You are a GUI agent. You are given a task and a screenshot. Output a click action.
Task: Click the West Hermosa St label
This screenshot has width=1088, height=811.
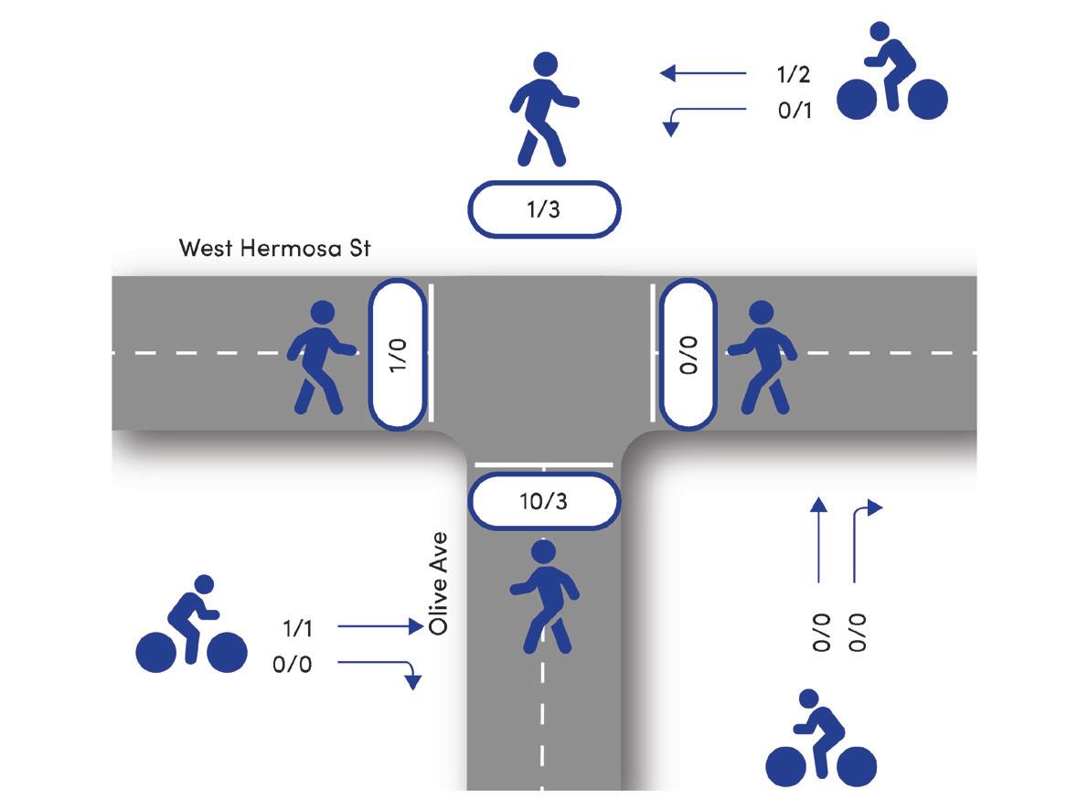[x=274, y=248]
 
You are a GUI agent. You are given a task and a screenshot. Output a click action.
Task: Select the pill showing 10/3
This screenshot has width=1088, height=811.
[x=544, y=500]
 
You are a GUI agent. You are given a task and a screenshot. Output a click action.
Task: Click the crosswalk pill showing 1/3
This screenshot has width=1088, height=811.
[x=544, y=209]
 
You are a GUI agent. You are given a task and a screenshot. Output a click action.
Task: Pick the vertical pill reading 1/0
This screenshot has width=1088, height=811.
[x=396, y=354]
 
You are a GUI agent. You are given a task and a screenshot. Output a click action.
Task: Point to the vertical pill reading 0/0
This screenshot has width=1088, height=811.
[x=688, y=354]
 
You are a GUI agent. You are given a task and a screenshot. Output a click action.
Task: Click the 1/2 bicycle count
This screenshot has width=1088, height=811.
[x=794, y=74]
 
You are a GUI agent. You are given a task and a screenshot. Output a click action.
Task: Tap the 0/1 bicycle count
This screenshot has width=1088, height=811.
[x=794, y=111]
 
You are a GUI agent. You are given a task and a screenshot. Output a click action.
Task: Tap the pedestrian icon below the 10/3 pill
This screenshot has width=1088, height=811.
[x=543, y=596]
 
